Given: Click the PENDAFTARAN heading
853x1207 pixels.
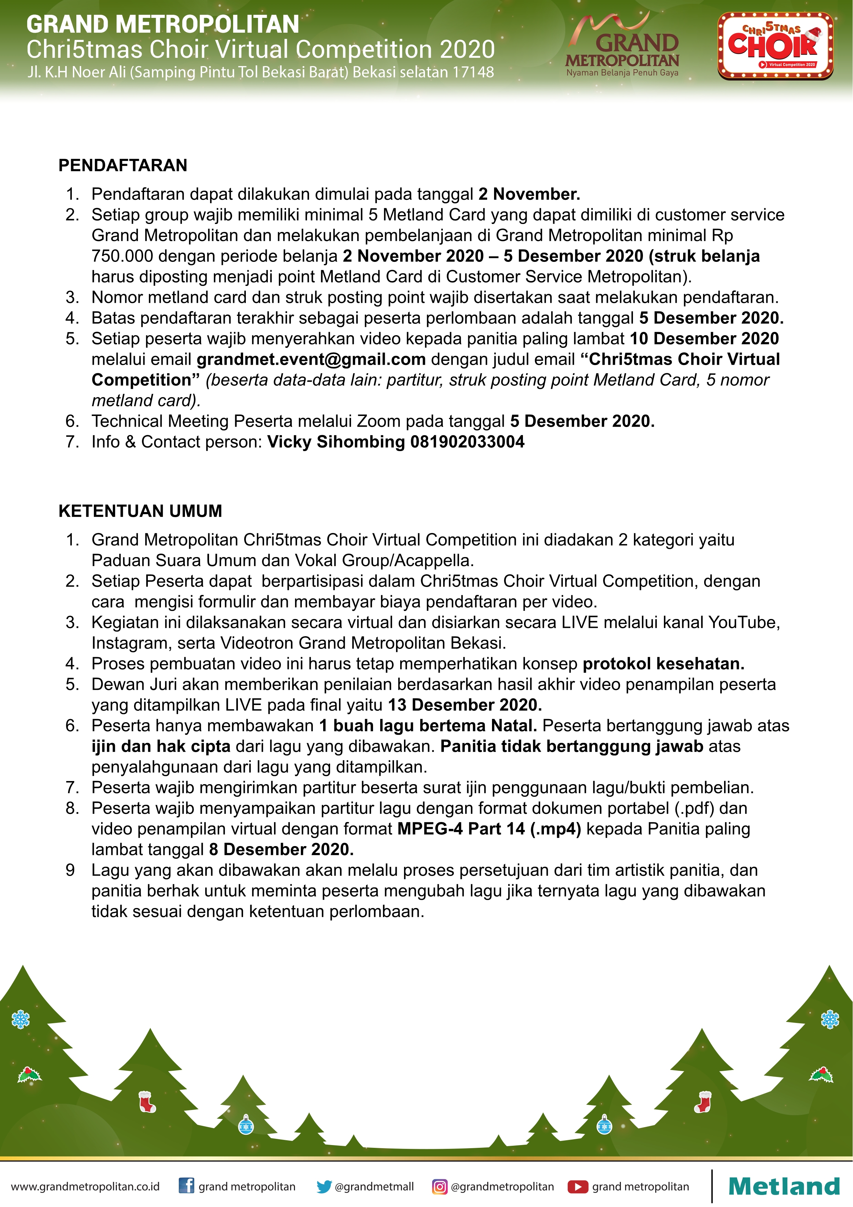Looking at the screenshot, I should coord(123,165).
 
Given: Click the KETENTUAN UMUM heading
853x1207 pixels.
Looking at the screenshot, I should coord(140,511).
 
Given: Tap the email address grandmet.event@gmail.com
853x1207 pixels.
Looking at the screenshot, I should coord(311,360).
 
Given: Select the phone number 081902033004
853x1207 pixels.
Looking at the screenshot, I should coord(467,442).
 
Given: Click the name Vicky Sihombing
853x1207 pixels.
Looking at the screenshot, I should coord(336,442).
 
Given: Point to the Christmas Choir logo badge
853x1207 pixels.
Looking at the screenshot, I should coord(775,46).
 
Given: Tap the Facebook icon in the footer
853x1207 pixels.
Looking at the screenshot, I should coord(186,1186).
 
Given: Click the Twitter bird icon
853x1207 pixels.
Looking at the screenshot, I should coord(324,1186).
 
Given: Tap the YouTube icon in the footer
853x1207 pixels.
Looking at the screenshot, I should coord(578,1186).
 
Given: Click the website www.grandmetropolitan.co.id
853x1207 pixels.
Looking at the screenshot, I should coord(85,1186).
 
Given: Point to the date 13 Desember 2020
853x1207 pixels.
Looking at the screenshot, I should coord(465,705).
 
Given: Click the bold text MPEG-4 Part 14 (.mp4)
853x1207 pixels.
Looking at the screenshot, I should coord(489,829).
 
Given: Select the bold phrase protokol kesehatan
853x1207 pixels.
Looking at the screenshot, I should coord(663,664).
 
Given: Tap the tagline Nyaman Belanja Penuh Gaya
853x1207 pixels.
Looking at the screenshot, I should coord(622,73).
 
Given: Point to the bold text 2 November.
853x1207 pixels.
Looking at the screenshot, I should coord(529,194).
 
